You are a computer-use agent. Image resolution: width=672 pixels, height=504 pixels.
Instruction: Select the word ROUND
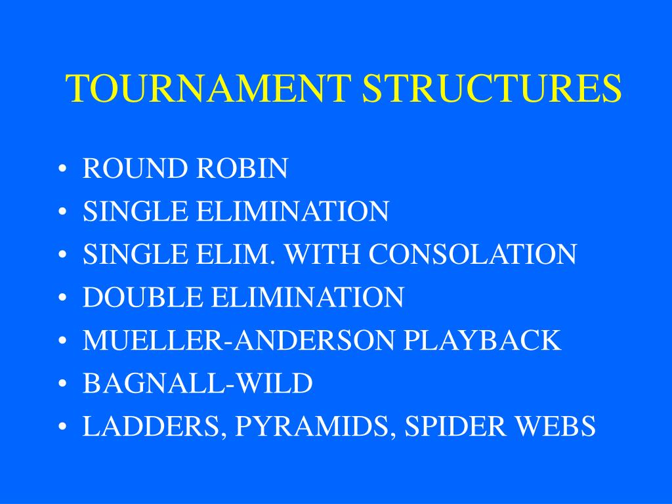135,169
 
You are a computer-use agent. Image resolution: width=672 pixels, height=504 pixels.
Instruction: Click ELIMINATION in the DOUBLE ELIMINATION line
307,297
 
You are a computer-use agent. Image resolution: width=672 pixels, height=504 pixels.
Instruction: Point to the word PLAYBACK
482,341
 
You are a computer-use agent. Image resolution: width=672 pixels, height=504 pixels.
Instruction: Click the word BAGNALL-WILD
198,384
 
